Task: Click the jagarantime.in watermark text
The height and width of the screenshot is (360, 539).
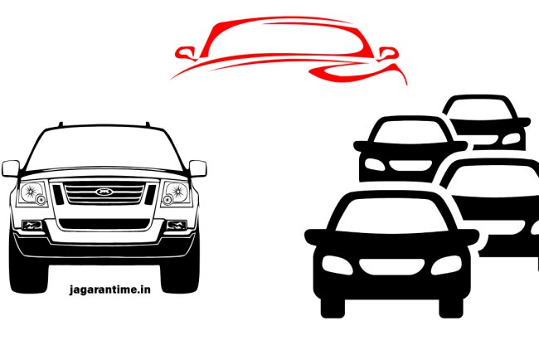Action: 110,289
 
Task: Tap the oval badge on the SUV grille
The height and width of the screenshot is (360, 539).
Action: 104,192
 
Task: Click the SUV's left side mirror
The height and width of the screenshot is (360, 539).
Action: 11,168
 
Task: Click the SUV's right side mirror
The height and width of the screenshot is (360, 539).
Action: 197,168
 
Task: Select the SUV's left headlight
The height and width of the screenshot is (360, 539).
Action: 33,193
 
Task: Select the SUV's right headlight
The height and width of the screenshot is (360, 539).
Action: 176,193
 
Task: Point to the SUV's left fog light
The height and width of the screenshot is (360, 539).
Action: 32,226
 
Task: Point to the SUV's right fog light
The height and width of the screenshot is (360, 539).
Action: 177,226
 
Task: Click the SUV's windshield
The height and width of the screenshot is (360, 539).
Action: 104,148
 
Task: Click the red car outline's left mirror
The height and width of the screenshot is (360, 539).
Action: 186,53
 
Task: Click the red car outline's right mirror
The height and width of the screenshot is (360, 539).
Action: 388,54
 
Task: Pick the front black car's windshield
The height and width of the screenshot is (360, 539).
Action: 391,216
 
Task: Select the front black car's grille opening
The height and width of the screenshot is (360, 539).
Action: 392,267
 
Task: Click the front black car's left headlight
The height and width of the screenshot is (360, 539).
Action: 337,265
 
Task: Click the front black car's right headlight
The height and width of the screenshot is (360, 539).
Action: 446,265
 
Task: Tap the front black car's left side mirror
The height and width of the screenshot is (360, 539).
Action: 316,237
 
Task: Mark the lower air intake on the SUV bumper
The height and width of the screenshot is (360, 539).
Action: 104,224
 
